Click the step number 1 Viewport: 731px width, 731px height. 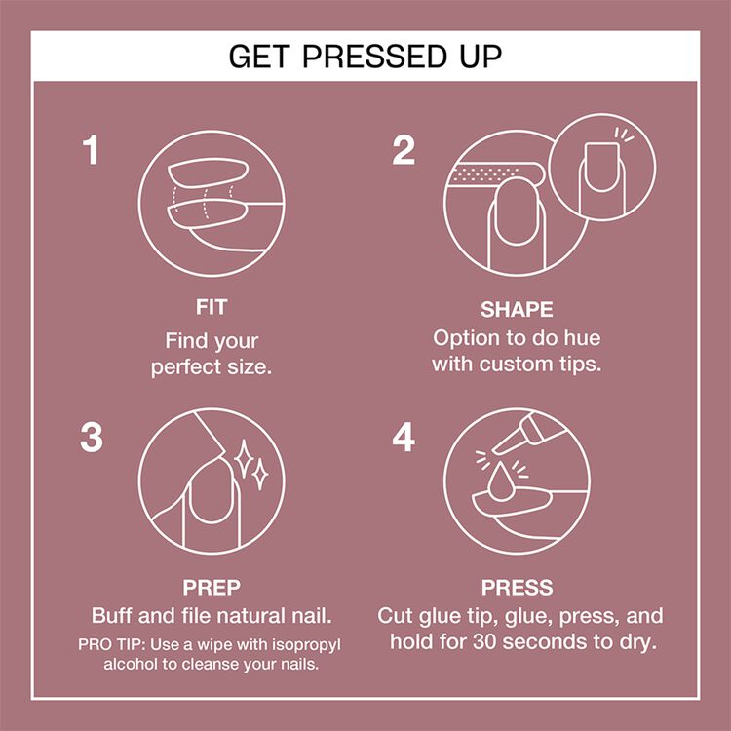click(x=92, y=150)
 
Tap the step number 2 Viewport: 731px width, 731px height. click(x=404, y=150)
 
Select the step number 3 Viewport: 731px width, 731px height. click(x=92, y=438)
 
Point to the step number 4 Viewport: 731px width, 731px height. click(x=404, y=438)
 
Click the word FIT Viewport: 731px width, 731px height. click(x=212, y=307)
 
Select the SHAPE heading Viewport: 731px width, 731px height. click(x=517, y=310)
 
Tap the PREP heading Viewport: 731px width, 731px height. click(x=212, y=588)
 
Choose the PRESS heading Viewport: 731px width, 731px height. click(x=517, y=588)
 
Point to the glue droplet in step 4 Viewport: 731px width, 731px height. click(x=500, y=482)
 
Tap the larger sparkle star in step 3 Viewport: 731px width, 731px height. click(x=244, y=458)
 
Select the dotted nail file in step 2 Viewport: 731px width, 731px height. click(x=494, y=174)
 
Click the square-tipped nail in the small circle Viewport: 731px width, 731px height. click(x=601, y=167)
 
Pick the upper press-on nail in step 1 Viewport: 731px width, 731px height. click(x=208, y=172)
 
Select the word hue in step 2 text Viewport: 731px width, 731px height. click(x=582, y=338)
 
